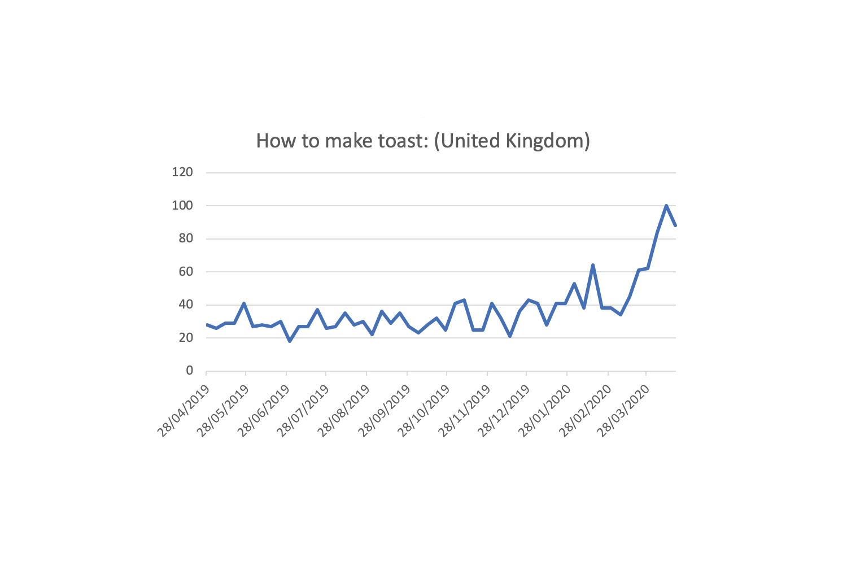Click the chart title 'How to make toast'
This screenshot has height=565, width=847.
tap(422, 141)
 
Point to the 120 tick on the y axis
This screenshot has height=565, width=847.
tap(182, 172)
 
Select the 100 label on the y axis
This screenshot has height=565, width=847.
tap(182, 206)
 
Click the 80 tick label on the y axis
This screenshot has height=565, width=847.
tap(185, 238)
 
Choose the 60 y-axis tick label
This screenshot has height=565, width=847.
tap(185, 272)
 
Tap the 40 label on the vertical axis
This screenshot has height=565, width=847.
tap(185, 305)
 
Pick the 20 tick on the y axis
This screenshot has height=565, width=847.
tap(185, 338)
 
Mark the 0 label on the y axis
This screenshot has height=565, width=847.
tap(189, 371)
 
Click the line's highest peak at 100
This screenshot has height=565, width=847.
tap(666, 206)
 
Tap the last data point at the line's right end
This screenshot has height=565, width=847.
tap(675, 225)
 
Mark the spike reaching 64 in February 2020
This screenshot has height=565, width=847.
tap(593, 265)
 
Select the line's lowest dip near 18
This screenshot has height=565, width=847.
tap(290, 341)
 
